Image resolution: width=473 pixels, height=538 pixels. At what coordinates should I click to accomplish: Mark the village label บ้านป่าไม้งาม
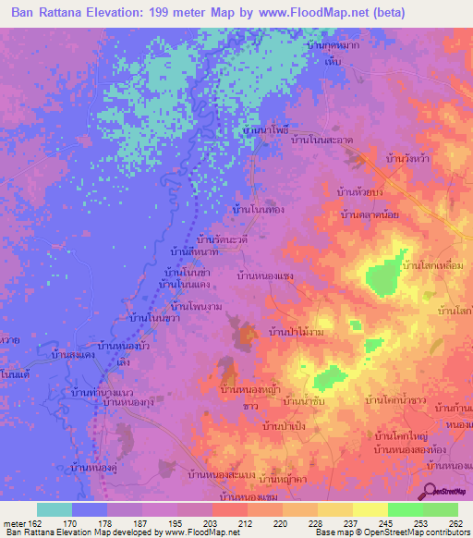[296, 330]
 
